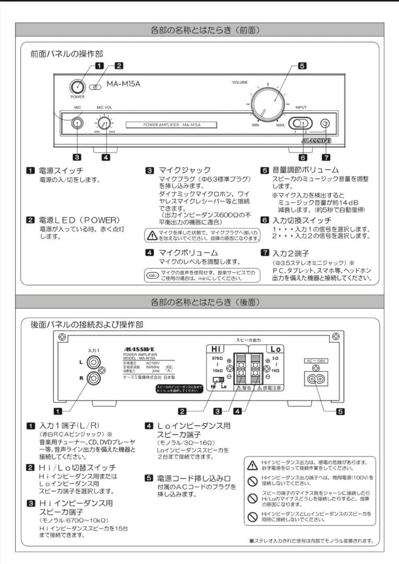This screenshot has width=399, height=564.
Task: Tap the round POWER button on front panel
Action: [77, 87]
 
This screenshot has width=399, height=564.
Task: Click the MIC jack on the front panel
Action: [77, 123]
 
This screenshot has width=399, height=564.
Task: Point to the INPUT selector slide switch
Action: [299, 123]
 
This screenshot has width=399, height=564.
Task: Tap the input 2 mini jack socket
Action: [325, 123]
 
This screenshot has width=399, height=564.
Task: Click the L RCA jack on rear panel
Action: [95, 361]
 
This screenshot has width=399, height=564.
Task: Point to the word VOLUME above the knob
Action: [240, 83]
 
